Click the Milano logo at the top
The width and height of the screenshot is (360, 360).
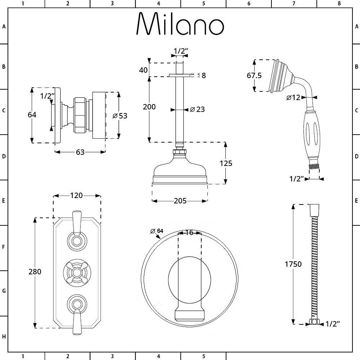tap(180, 24)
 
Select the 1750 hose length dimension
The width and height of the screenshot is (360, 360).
tap(293, 264)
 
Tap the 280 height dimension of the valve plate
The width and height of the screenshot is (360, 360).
tap(35, 272)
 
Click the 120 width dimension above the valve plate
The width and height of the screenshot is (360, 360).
tap(76, 196)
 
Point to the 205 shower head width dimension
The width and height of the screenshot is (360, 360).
tap(180, 201)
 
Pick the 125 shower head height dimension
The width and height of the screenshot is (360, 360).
tap(226, 163)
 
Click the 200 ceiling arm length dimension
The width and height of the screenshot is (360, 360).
tap(149, 107)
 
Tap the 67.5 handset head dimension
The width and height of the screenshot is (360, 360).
tap(255, 76)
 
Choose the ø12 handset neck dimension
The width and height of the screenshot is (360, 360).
tap(293, 98)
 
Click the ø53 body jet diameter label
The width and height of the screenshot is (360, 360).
tap(120, 116)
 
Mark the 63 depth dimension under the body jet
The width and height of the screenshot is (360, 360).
tap(80, 152)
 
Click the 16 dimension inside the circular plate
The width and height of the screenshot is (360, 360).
tap(189, 233)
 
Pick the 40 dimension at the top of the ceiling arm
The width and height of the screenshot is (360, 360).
tap(143, 69)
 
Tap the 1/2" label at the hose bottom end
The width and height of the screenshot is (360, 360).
tap(333, 324)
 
